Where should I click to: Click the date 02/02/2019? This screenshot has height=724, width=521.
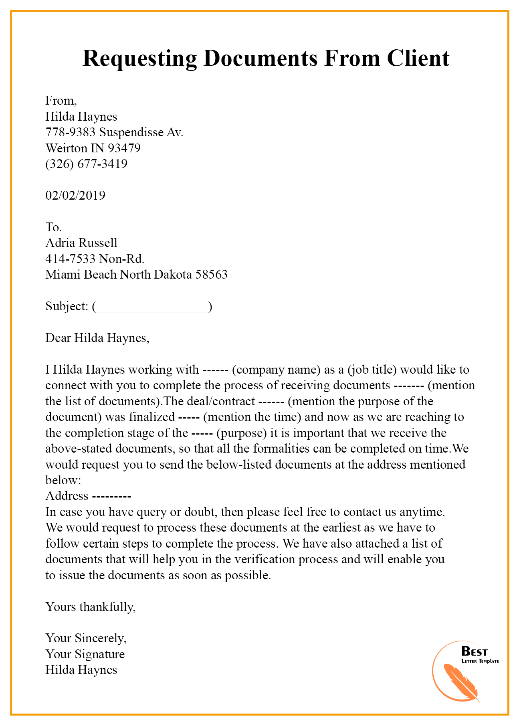pyautogui.click(x=75, y=196)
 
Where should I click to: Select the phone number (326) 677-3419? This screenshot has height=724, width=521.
pyautogui.click(x=86, y=164)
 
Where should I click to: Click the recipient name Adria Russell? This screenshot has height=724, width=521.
pyautogui.click(x=81, y=243)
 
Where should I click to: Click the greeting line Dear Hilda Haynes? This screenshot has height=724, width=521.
pyautogui.click(x=97, y=338)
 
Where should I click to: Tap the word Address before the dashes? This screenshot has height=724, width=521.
pyautogui.click(x=67, y=496)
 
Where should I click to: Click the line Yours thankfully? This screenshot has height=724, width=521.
pyautogui.click(x=91, y=607)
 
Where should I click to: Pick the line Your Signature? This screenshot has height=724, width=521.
pyautogui.click(x=85, y=654)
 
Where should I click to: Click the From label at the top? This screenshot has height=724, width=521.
pyautogui.click(x=61, y=101)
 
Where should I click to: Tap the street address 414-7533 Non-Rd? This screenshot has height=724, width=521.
pyautogui.click(x=95, y=259)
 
